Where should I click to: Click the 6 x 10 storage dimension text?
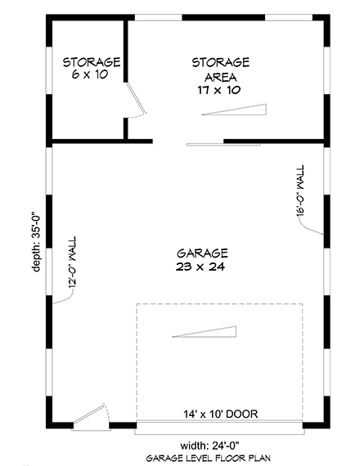click(x=89, y=74)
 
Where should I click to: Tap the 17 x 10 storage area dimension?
click(x=219, y=90)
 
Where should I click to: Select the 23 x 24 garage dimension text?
click(x=200, y=267)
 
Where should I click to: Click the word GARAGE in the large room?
click(x=202, y=253)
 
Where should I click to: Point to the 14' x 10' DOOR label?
click(x=220, y=414)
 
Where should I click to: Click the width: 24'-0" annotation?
click(x=209, y=446)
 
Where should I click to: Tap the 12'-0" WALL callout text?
click(x=72, y=262)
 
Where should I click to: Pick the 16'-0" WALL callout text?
click(x=300, y=190)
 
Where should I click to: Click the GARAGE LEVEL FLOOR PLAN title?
click(x=209, y=458)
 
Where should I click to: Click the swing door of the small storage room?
click(x=135, y=98)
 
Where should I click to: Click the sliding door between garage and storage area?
click(x=223, y=145)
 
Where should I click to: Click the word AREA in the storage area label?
click(x=220, y=78)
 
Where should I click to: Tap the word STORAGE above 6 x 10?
click(x=92, y=62)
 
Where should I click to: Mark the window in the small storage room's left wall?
click(x=49, y=70)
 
